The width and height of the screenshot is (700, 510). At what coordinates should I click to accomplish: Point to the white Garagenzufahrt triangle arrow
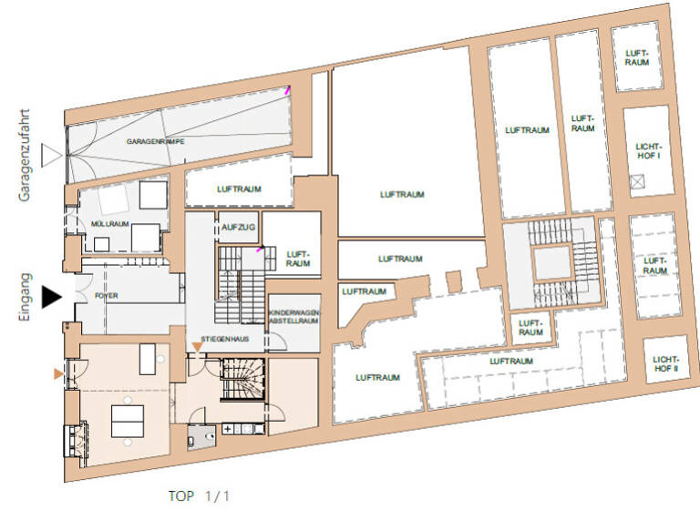[x=53, y=157]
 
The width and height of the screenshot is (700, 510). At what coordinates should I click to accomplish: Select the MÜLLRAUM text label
[x=110, y=223]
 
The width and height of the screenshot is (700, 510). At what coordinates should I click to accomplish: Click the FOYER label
[x=107, y=296]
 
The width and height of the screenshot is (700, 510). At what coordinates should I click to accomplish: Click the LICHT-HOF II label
[x=664, y=363]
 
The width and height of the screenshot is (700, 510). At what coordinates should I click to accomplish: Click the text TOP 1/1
[x=200, y=495]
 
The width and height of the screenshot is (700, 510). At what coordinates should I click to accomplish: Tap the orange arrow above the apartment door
[x=197, y=346]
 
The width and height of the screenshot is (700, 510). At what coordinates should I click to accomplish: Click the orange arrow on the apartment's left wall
[x=59, y=373]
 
